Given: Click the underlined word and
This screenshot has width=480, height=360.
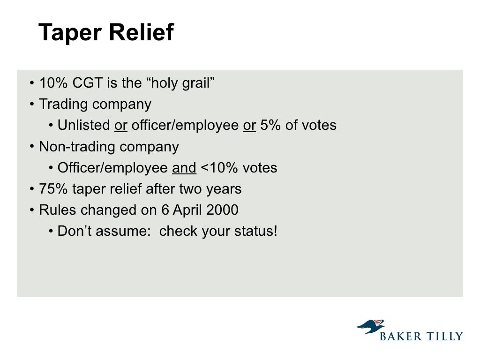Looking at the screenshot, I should pyautogui.click(x=184, y=168).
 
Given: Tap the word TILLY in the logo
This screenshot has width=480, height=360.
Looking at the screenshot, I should pyautogui.click(x=444, y=336).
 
